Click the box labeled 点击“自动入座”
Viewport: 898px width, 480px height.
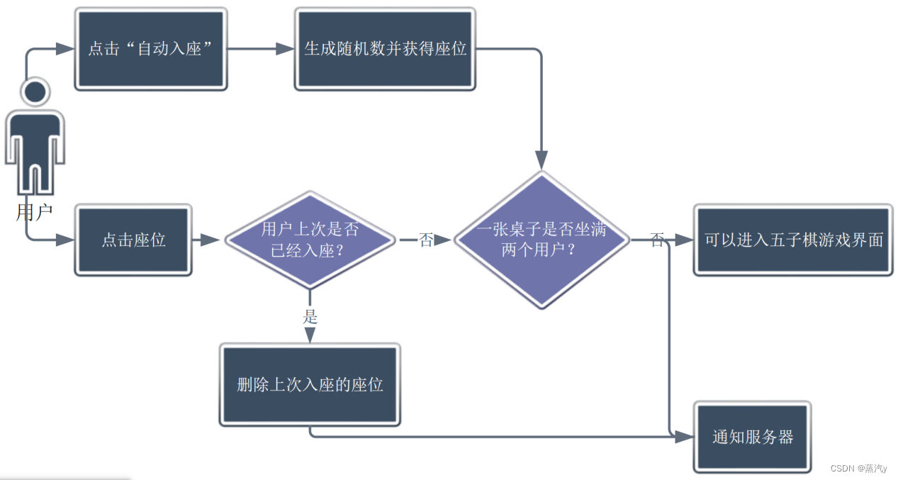point(150,49)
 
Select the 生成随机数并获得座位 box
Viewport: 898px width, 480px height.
point(385,49)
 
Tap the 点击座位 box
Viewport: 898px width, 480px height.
point(133,240)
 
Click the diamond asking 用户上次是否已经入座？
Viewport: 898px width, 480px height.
point(310,240)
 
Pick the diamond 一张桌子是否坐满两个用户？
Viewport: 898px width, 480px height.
point(541,240)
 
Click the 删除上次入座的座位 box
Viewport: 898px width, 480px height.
point(310,385)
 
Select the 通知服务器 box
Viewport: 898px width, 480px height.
point(752,437)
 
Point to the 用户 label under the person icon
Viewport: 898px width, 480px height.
point(35,211)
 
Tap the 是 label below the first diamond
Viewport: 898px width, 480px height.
point(310,317)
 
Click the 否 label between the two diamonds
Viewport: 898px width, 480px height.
point(425,240)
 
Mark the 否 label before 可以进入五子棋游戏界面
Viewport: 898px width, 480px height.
point(657,240)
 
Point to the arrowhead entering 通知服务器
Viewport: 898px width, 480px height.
point(683,437)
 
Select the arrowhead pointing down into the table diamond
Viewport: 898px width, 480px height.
point(541,160)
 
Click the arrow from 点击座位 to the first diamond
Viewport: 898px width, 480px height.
point(206,240)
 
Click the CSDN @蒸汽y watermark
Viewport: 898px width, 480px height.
point(858,469)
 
